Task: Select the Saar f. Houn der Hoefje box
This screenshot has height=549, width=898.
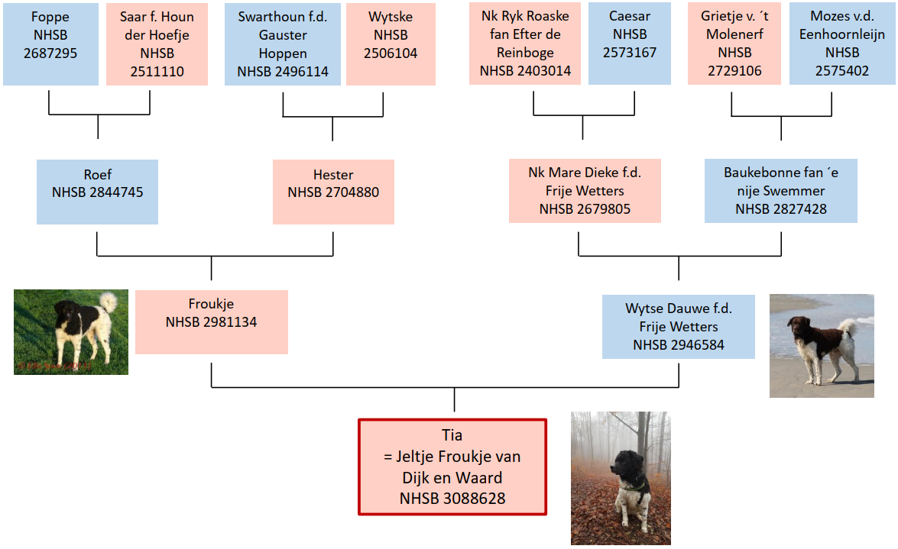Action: pyautogui.click(x=157, y=44)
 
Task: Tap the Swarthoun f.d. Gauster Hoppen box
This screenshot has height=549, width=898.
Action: pyautogui.click(x=282, y=44)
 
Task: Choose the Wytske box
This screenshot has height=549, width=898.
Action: pyautogui.click(x=391, y=44)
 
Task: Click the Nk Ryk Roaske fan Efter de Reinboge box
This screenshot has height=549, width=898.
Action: pyautogui.click(x=525, y=44)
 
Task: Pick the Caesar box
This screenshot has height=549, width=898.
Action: pyautogui.click(x=629, y=44)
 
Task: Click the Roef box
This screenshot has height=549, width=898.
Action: pyautogui.click(x=98, y=192)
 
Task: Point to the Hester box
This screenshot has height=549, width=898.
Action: pyautogui.click(x=333, y=192)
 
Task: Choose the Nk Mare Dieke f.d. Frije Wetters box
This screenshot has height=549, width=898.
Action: pyautogui.click(x=585, y=191)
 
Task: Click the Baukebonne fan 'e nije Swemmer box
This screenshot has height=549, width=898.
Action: pyautogui.click(x=780, y=191)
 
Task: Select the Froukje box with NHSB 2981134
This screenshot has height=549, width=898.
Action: pyautogui.click(x=212, y=321)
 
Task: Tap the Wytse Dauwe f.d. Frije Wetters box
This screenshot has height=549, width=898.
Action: pyautogui.click(x=679, y=327)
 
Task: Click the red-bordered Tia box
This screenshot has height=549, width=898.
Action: pyautogui.click(x=453, y=467)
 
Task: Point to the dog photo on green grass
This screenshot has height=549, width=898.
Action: pyautogui.click(x=71, y=332)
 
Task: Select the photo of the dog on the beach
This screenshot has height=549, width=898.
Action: pyautogui.click(x=822, y=346)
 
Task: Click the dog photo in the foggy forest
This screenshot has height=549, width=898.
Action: pyautogui.click(x=621, y=478)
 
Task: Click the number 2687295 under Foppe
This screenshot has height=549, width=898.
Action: pyautogui.click(x=50, y=53)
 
